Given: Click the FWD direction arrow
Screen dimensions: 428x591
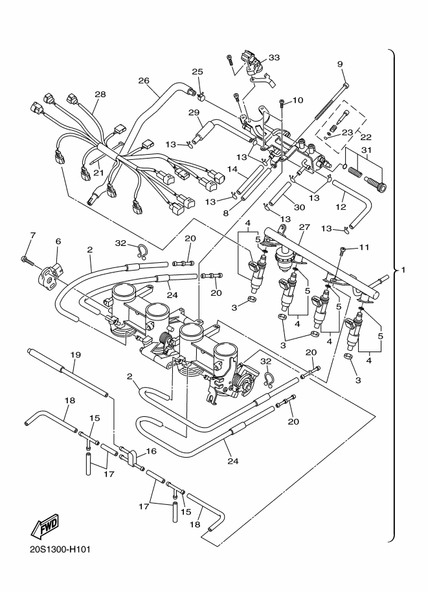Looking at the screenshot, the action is pos(45,525).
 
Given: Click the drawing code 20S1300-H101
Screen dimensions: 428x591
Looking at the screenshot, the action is pos(60,549).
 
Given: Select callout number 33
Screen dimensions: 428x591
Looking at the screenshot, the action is pos(274,58).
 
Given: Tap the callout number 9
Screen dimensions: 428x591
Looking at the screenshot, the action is pos(340,64).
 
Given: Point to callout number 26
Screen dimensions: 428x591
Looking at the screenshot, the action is pos(144,80).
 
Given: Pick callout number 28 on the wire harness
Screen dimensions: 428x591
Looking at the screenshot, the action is pos(100,94).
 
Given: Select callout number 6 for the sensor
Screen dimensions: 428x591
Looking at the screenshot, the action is pos(58,241).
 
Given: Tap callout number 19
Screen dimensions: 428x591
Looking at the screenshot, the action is pos(75,355).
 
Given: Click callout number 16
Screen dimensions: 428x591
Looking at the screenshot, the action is pos(151,451).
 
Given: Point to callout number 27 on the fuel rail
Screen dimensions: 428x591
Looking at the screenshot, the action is pos(304,227).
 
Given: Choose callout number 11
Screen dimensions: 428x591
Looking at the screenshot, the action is pos(364,247).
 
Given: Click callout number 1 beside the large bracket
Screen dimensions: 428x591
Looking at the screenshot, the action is pos(403,269).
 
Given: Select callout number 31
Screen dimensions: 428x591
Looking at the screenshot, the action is pos(366,150).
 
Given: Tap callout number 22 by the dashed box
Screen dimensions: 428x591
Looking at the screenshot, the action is pos(366,137).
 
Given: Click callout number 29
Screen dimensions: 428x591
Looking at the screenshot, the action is pos(194,113).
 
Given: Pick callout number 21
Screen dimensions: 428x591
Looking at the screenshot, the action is pos(98,173).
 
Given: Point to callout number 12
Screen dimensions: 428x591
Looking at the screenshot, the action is pos(341,206).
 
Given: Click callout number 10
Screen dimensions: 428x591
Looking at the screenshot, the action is pos(297,100).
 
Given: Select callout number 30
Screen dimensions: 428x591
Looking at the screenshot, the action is pos(299,207).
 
